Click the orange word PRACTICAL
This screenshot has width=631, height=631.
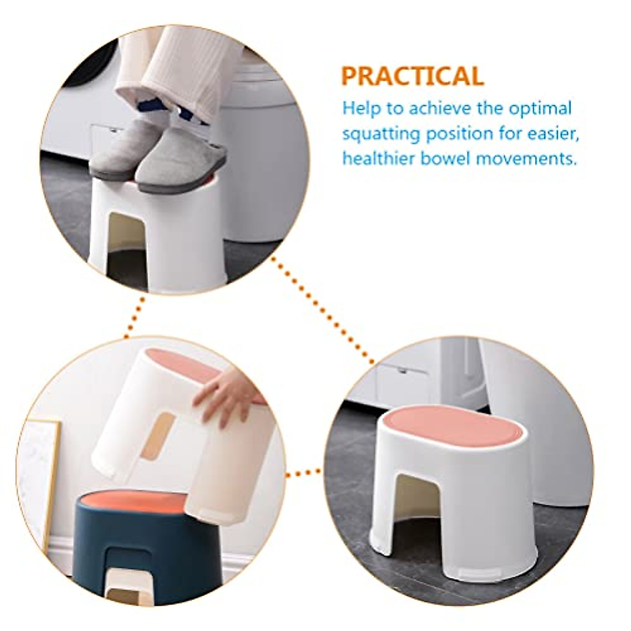412,76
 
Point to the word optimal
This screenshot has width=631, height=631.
540,109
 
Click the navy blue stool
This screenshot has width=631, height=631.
137,531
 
